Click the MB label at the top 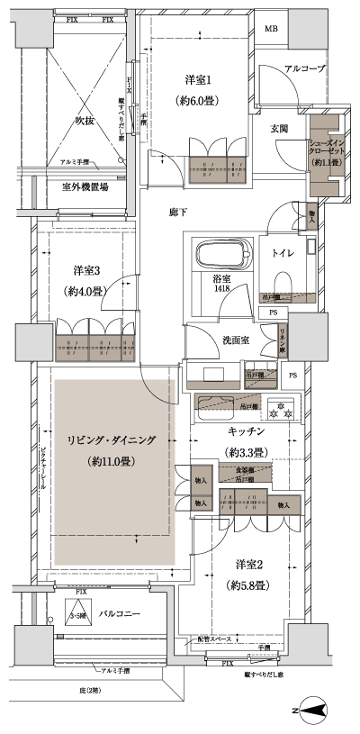click(x=271, y=29)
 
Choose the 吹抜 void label click(x=85, y=119)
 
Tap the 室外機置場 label click(x=85, y=187)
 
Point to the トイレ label click(x=284, y=252)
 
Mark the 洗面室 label click(x=229, y=341)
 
